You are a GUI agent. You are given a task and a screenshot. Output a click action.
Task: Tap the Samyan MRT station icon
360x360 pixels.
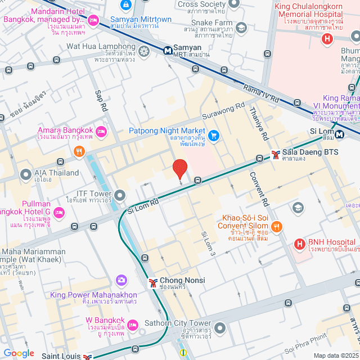click(x=168, y=50)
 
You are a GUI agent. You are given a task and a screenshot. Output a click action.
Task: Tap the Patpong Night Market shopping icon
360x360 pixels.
click(x=213, y=136)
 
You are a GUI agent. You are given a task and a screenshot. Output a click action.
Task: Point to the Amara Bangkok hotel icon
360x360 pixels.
click(x=101, y=132)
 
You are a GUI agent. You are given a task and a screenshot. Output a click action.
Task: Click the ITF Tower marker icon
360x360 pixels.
click(x=120, y=196)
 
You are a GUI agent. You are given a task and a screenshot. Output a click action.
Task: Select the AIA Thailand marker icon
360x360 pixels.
click(x=25, y=175)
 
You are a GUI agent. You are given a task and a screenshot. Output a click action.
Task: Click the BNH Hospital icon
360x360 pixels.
click(x=299, y=245)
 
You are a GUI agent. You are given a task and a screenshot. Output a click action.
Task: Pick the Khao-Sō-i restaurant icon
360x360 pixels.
click(x=276, y=227)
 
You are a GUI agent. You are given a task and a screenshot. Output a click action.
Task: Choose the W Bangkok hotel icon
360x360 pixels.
click(x=133, y=325)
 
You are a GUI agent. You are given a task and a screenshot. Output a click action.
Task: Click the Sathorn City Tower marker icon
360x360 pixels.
click(x=220, y=327)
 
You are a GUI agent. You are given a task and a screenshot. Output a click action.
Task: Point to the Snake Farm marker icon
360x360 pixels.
click(x=241, y=28)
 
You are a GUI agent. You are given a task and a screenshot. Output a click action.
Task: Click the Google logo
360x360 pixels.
click(x=19, y=353)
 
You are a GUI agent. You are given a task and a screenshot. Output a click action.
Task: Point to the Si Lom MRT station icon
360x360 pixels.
click(x=340, y=134)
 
